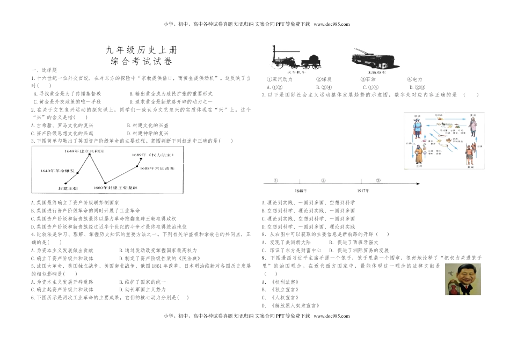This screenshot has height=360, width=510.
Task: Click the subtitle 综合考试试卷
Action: coord(132,61)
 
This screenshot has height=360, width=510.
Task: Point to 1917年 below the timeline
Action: coord(363,190)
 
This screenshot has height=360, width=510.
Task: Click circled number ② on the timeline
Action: coord(323,180)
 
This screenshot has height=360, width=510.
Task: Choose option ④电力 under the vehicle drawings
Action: coord(414,79)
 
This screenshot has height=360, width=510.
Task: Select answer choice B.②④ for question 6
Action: coord(324,87)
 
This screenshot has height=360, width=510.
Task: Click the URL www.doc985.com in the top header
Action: coord(331,24)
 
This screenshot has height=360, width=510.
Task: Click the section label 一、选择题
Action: coord(40,70)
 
